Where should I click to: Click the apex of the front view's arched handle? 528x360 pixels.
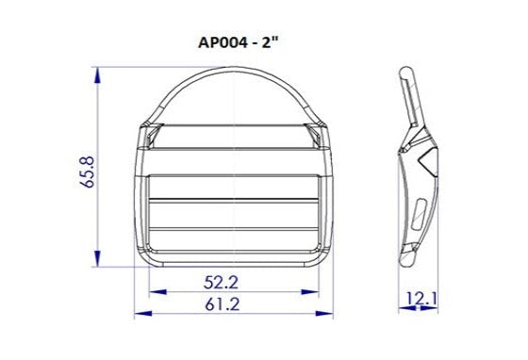tap(232, 72)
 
